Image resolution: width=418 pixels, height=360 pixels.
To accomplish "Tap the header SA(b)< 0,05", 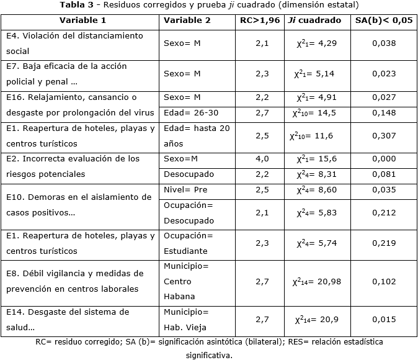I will [384, 20].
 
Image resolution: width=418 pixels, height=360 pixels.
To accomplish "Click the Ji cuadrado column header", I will [314, 20].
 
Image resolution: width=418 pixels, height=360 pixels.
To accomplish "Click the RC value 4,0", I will [262, 159].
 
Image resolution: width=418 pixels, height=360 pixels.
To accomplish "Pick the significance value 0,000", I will [384, 159].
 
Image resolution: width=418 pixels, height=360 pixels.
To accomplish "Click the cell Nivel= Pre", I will [185, 189].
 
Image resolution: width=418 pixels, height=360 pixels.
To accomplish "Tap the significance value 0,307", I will [384, 135].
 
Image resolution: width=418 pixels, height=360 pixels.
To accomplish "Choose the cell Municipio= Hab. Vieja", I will [186, 320].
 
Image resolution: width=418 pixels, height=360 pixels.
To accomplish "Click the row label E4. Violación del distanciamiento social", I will [74, 43].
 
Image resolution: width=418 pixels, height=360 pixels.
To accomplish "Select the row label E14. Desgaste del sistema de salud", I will [68, 320].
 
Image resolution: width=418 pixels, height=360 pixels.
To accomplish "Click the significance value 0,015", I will [384, 320].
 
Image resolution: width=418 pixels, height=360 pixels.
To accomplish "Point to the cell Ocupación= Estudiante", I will [188, 243].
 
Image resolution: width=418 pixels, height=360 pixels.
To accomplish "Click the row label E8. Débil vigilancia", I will [74, 281].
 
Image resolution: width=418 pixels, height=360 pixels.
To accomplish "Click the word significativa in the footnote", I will [208, 355].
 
